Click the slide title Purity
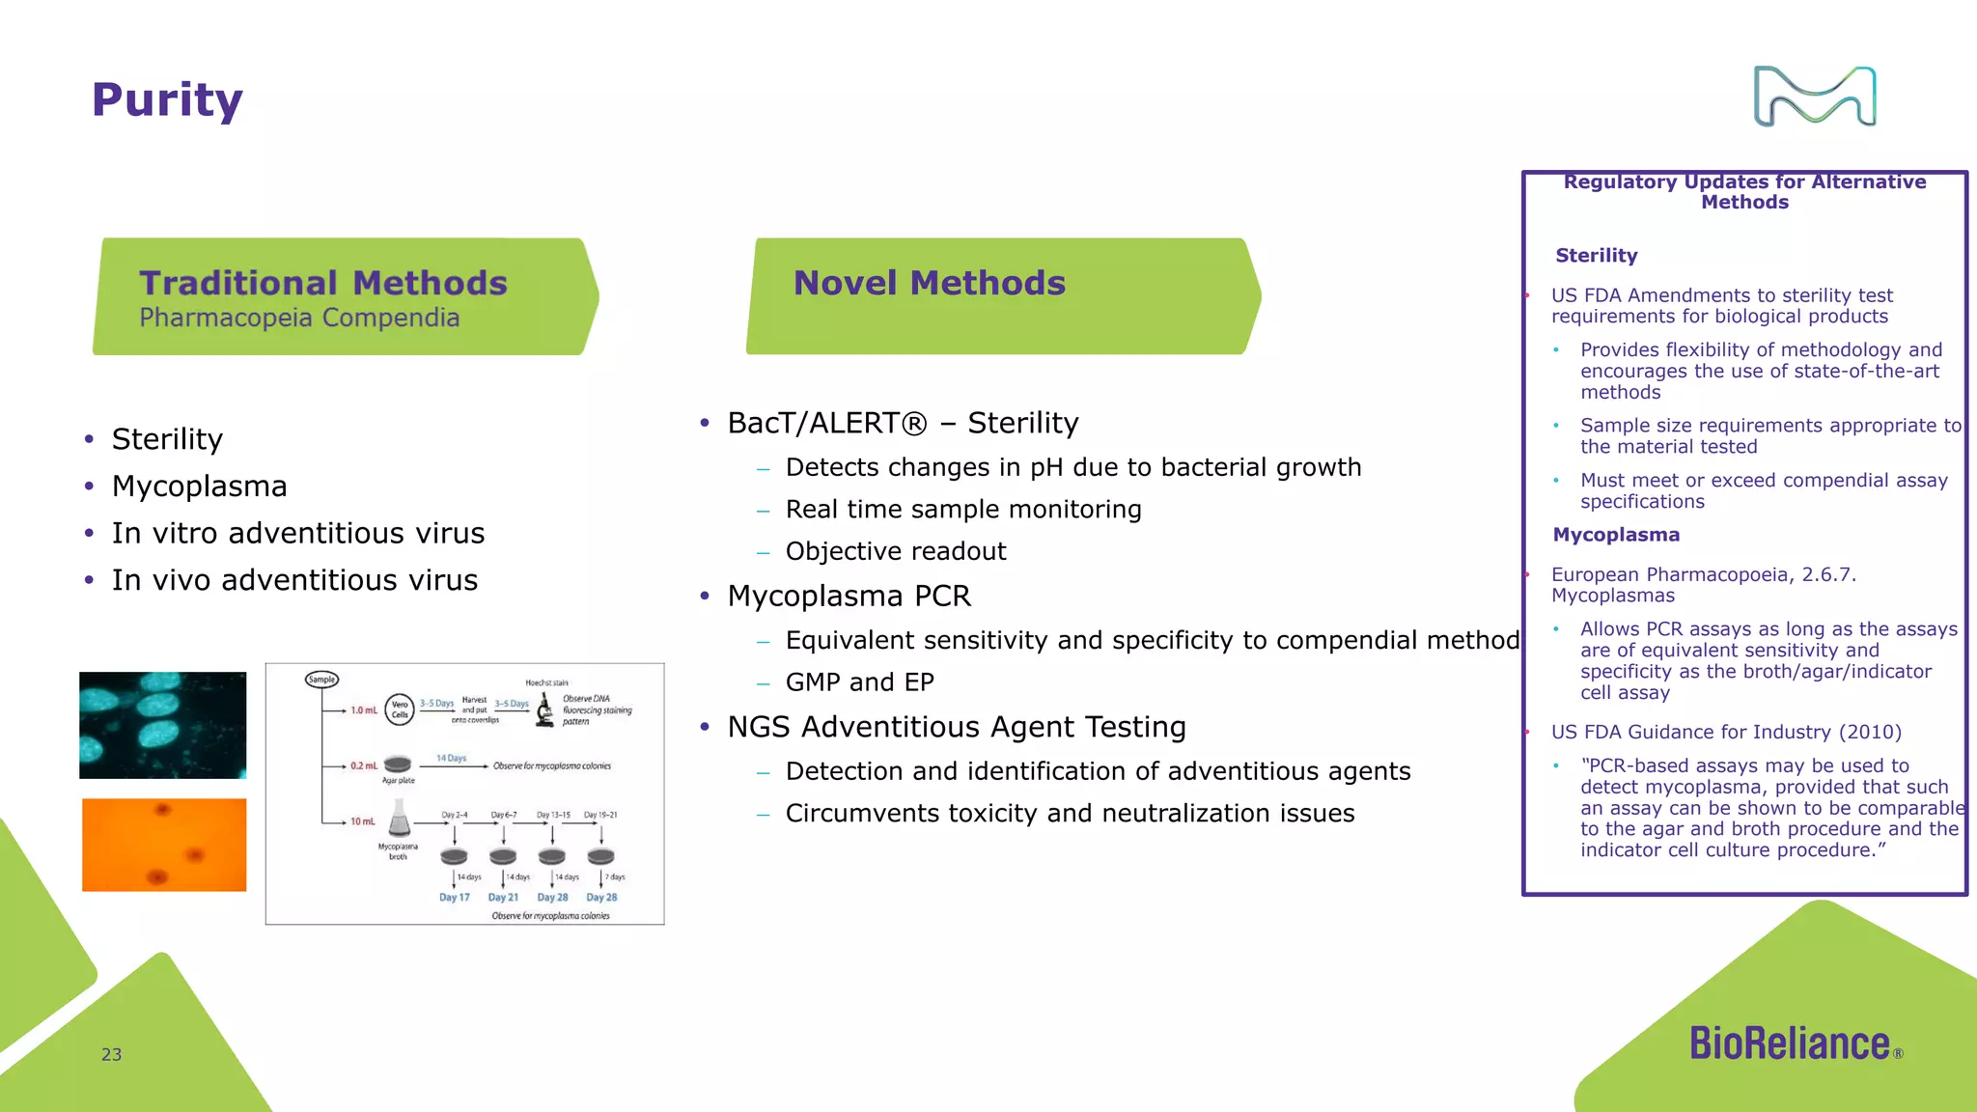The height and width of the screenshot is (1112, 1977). click(x=167, y=100)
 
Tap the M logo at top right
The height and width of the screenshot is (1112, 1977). click(x=1815, y=97)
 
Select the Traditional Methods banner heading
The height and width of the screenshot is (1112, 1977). click(x=323, y=283)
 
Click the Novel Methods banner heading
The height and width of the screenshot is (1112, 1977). click(x=929, y=283)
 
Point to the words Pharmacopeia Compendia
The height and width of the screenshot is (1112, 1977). click(x=299, y=318)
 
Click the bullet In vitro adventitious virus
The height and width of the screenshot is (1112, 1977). click(x=298, y=533)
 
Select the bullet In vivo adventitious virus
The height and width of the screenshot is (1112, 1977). click(x=294, y=580)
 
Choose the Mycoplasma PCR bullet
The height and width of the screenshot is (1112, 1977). click(x=849, y=596)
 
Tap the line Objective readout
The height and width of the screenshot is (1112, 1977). click(x=895, y=551)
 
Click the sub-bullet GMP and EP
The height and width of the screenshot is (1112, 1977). click(x=859, y=682)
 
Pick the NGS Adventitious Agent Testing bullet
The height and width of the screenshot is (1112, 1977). click(x=956, y=727)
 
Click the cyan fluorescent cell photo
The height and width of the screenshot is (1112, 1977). click(x=162, y=725)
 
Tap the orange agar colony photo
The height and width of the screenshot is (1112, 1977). click(x=164, y=845)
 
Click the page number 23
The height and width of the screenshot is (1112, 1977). click(x=112, y=1055)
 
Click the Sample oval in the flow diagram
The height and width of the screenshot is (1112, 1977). click(x=321, y=680)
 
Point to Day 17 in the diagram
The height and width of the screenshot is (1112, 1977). click(x=455, y=898)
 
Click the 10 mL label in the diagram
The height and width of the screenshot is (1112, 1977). click(x=363, y=821)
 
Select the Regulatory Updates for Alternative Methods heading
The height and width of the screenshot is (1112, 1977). click(x=1744, y=192)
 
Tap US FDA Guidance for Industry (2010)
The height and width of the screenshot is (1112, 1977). click(x=1726, y=732)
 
